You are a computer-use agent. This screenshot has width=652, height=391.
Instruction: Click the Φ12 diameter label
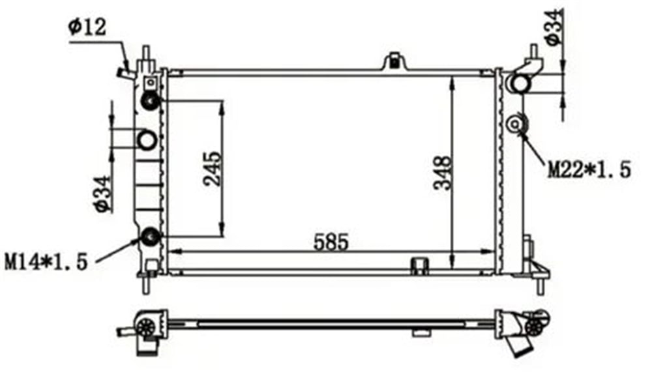[x=87, y=28]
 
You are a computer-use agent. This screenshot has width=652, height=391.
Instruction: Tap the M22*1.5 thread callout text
[x=589, y=169]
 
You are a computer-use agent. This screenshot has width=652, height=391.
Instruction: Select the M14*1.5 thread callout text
[x=46, y=262]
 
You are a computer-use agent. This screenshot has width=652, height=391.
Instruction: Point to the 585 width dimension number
[x=331, y=242]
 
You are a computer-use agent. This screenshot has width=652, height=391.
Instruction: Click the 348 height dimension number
[x=442, y=173]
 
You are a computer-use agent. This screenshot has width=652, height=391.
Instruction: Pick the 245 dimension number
[x=213, y=168]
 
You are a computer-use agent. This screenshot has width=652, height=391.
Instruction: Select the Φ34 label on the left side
[x=103, y=194]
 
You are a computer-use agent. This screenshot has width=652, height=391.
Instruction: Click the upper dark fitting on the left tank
[x=150, y=101]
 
